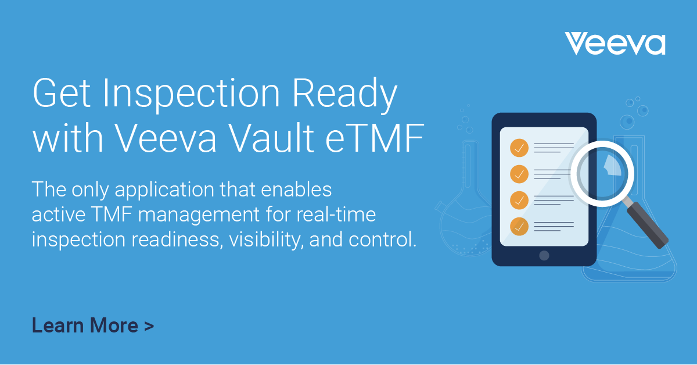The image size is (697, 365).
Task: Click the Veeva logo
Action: [615, 44]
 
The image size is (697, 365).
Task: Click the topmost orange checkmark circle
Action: [519, 148]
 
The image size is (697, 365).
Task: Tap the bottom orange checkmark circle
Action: [519, 226]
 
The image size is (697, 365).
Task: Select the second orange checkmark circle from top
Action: [519, 173]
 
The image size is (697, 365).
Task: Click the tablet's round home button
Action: [544, 255]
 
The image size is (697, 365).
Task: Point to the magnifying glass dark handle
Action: [649, 224]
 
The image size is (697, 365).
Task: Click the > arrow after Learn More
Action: [149, 326]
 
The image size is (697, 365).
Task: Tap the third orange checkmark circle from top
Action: [519, 200]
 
